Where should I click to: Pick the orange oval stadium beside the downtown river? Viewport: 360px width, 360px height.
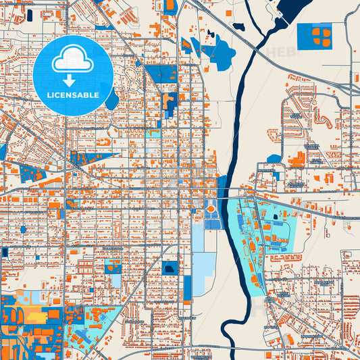point(211,209)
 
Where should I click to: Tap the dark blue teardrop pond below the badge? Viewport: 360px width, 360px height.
point(111,100)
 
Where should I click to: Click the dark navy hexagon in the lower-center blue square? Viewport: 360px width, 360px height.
point(169,268)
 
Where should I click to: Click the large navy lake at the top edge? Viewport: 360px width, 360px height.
point(285,9)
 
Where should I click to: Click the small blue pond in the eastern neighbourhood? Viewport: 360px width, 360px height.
point(274,159)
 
